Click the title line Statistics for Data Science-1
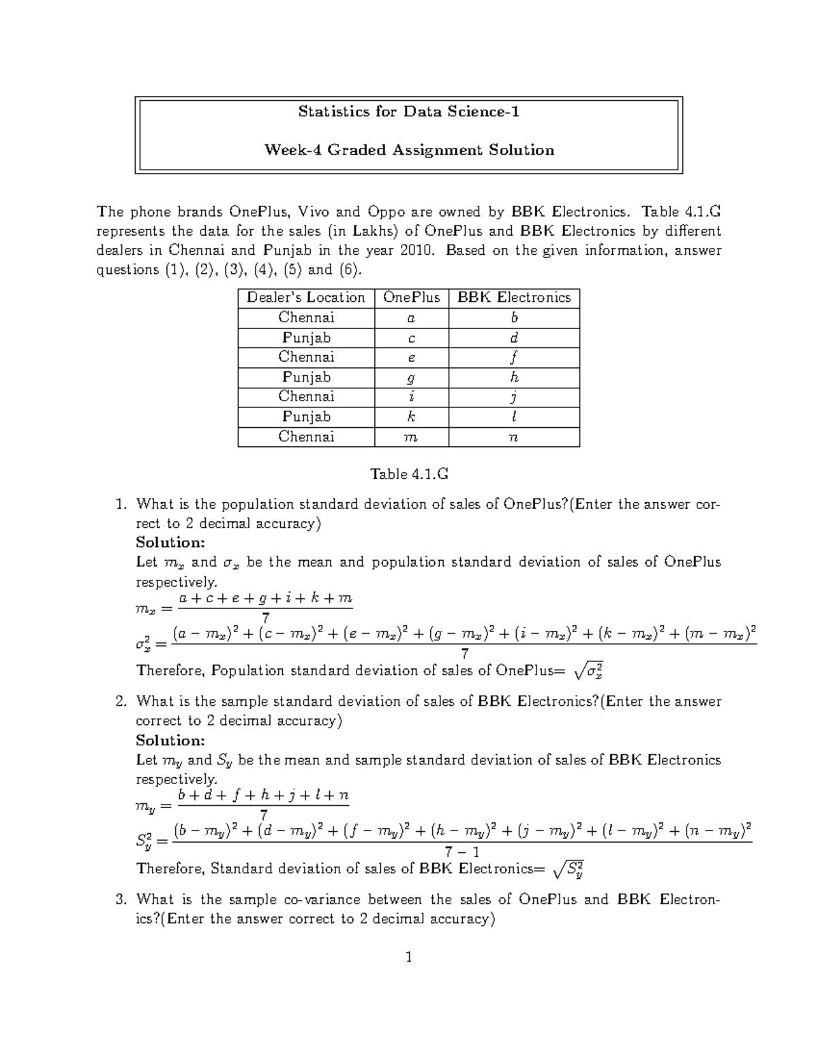pyautogui.click(x=408, y=112)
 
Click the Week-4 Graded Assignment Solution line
pyautogui.click(x=408, y=150)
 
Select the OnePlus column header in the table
pyautogui.click(x=411, y=298)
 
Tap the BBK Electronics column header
pyautogui.click(x=513, y=298)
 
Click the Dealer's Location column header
pyautogui.click(x=306, y=298)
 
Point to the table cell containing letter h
pyautogui.click(x=514, y=377)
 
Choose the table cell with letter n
pyautogui.click(x=514, y=437)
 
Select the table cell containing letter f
pyautogui.click(x=514, y=357)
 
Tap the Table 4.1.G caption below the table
pyautogui.click(x=408, y=474)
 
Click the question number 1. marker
pyautogui.click(x=121, y=505)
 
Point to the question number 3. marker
pyautogui.click(x=121, y=899)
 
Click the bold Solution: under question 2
pyautogui.click(x=170, y=740)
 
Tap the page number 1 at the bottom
pyautogui.click(x=408, y=958)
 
